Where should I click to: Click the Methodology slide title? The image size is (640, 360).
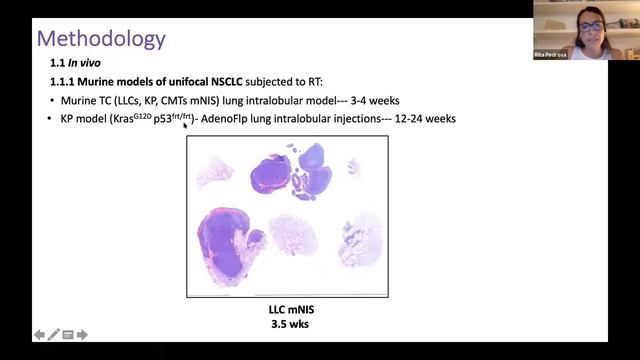(x=101, y=39)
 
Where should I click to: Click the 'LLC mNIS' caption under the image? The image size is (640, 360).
(x=287, y=310)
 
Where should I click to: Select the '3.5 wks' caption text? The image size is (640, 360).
(x=287, y=324)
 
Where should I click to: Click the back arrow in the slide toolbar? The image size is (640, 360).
(x=39, y=335)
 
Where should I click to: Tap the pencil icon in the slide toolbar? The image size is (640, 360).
(x=54, y=335)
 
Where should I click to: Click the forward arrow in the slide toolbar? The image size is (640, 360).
(x=84, y=335)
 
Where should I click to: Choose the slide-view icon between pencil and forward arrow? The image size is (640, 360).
(x=68, y=335)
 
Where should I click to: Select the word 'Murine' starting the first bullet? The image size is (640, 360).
(x=79, y=100)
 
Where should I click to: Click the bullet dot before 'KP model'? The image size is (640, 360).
(x=50, y=119)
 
